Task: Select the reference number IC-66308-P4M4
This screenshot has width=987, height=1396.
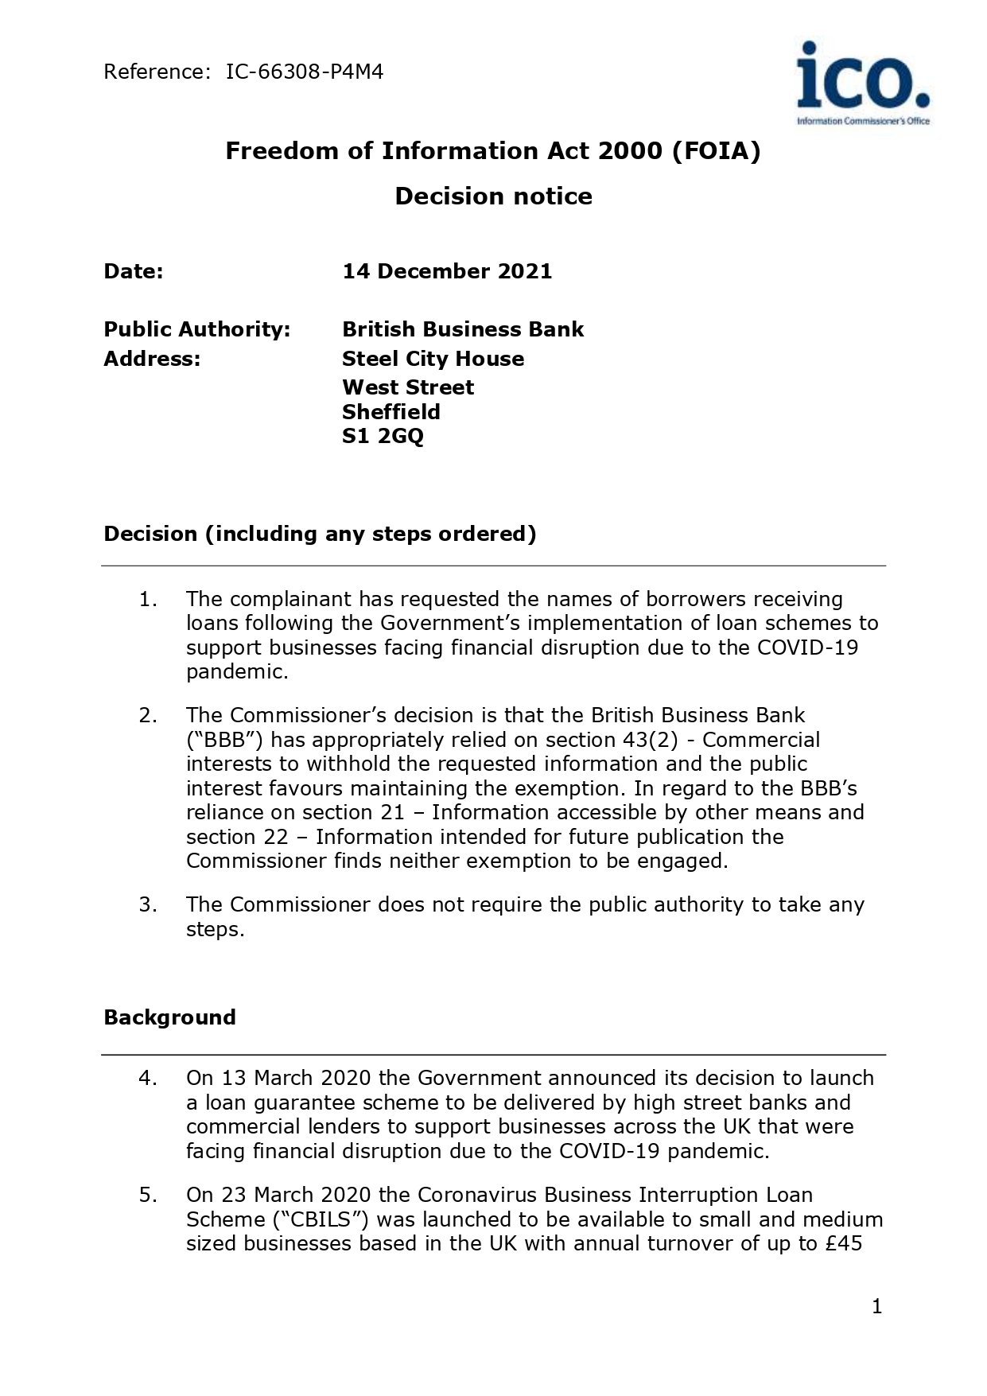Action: pos(305,72)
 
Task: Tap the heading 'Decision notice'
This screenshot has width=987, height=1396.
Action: pos(493,196)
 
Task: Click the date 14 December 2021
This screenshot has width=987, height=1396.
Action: pos(447,271)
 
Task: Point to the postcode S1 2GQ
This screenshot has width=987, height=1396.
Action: pos(383,436)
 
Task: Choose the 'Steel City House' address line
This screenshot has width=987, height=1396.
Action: pos(433,359)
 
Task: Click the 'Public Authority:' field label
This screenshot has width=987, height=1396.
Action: pos(196,329)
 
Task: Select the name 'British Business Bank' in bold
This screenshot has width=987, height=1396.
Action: pos(463,329)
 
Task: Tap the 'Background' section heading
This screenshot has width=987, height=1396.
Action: pos(169,1017)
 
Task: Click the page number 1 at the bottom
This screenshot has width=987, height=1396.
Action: pos(876,1306)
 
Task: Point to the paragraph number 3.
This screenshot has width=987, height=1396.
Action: pos(147,904)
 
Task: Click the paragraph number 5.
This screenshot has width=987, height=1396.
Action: pos(147,1195)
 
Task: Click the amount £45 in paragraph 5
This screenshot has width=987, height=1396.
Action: pos(844,1243)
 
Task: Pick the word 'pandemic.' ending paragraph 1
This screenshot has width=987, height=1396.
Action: pos(237,671)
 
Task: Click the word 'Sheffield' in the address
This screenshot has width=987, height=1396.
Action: pos(391,412)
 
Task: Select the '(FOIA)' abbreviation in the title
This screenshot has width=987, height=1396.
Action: pos(716,151)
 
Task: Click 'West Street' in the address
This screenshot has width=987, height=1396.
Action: pos(407,387)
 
